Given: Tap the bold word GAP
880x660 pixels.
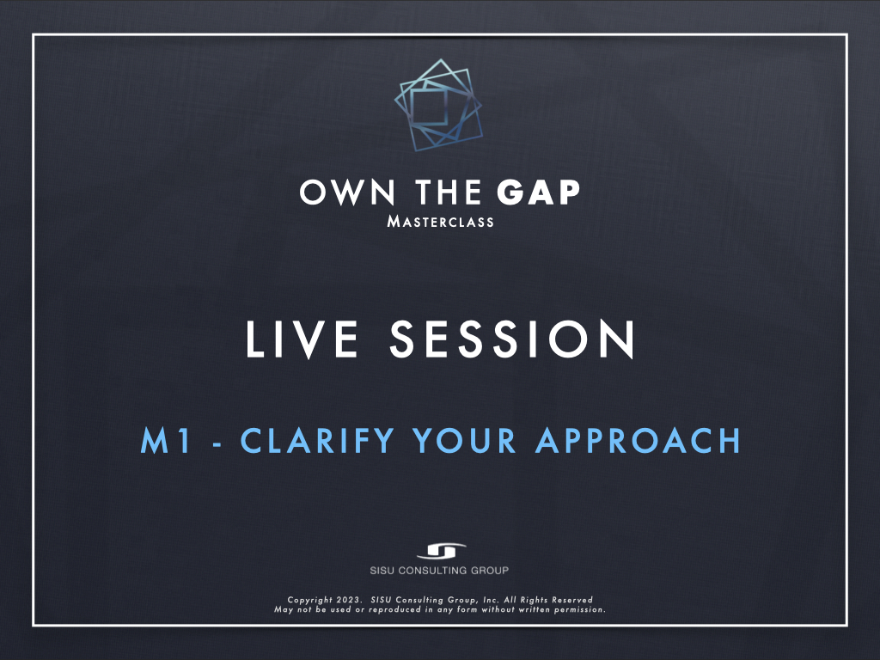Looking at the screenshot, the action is coord(538,192).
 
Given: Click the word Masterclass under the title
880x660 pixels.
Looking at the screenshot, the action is coord(441,222).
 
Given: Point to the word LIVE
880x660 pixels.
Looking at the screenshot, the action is coord(302,339).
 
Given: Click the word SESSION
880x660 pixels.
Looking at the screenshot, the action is coord(512,339).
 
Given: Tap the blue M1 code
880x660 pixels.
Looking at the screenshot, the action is coord(166,441).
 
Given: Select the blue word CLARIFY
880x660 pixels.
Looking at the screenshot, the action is coord(318,441).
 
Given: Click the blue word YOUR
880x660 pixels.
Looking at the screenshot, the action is coord(464,441).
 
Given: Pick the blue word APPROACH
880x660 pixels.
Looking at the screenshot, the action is coord(639,441).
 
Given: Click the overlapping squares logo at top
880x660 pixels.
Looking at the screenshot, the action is coord(438,105).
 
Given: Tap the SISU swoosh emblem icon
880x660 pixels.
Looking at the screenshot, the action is coord(441,551).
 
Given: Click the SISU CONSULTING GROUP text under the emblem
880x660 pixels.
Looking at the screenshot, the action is coord(439,571).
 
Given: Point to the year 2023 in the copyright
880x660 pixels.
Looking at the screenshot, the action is coord(349,600).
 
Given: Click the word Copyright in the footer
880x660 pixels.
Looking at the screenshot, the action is coord(309,600).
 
